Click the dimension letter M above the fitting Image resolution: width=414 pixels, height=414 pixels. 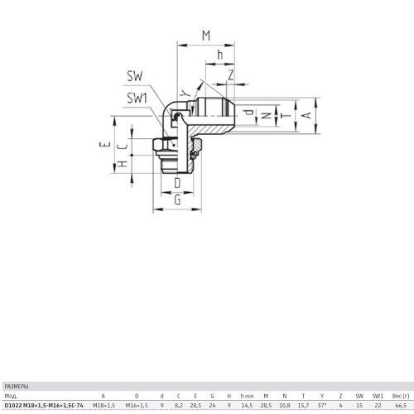click(x=206, y=36)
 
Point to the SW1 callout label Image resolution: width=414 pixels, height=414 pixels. click(x=137, y=98)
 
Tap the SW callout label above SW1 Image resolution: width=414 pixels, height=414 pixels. click(x=135, y=76)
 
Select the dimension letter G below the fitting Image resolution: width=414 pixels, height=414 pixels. click(x=177, y=200)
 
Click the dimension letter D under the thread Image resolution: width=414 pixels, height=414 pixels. click(x=177, y=183)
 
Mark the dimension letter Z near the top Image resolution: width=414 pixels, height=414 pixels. click(x=230, y=75)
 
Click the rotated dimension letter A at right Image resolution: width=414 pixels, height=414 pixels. click(x=307, y=115)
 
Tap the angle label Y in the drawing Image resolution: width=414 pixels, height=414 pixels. click(x=185, y=94)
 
